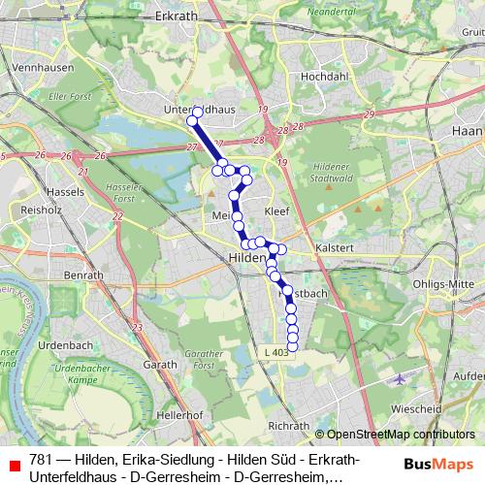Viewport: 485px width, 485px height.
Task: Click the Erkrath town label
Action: [175, 17]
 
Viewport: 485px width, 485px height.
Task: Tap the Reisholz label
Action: [42, 209]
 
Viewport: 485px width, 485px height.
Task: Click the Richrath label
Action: [288, 426]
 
